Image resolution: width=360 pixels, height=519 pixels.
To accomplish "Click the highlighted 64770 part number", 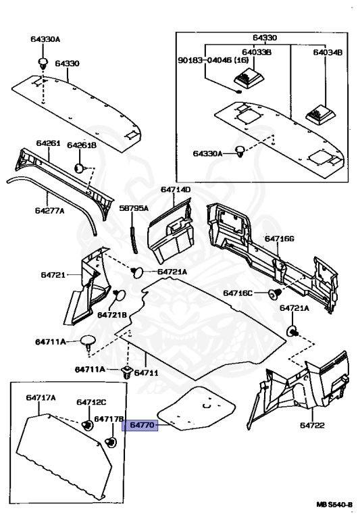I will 139,424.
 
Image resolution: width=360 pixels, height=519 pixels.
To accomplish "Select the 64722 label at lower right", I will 313,425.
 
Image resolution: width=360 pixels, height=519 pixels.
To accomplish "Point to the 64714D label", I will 176,190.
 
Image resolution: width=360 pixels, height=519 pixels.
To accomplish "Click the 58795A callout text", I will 133,209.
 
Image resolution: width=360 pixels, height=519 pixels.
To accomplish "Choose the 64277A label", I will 49,211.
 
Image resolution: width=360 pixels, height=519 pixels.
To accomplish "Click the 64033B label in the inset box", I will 257,51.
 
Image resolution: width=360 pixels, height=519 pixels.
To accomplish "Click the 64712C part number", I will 91,403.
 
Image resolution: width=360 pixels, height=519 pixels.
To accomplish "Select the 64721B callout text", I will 111,315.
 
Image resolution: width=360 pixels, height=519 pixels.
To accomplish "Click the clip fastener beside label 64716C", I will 275,293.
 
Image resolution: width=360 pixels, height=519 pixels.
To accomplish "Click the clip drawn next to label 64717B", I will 111,443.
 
